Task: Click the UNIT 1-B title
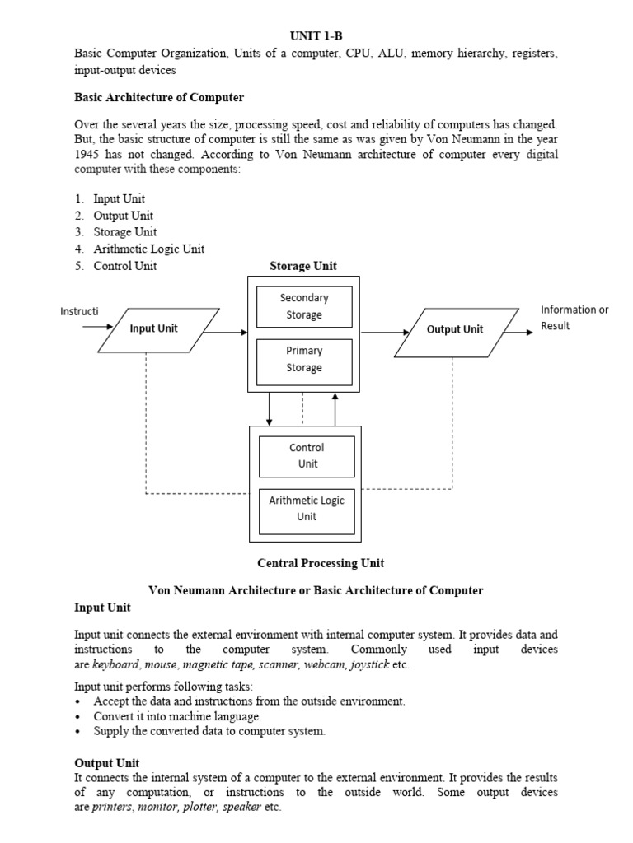point(316,36)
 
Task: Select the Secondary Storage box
point(304,306)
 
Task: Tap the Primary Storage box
point(304,359)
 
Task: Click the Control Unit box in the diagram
point(307,456)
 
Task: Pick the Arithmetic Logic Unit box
point(307,509)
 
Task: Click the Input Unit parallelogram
point(154,328)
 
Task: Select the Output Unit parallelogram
point(455,329)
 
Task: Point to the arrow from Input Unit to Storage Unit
point(225,333)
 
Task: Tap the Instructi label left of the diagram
point(79,311)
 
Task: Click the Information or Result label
point(574,318)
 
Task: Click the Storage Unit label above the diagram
point(303,266)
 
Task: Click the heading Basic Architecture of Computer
point(159,97)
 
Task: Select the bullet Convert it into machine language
point(177,716)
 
